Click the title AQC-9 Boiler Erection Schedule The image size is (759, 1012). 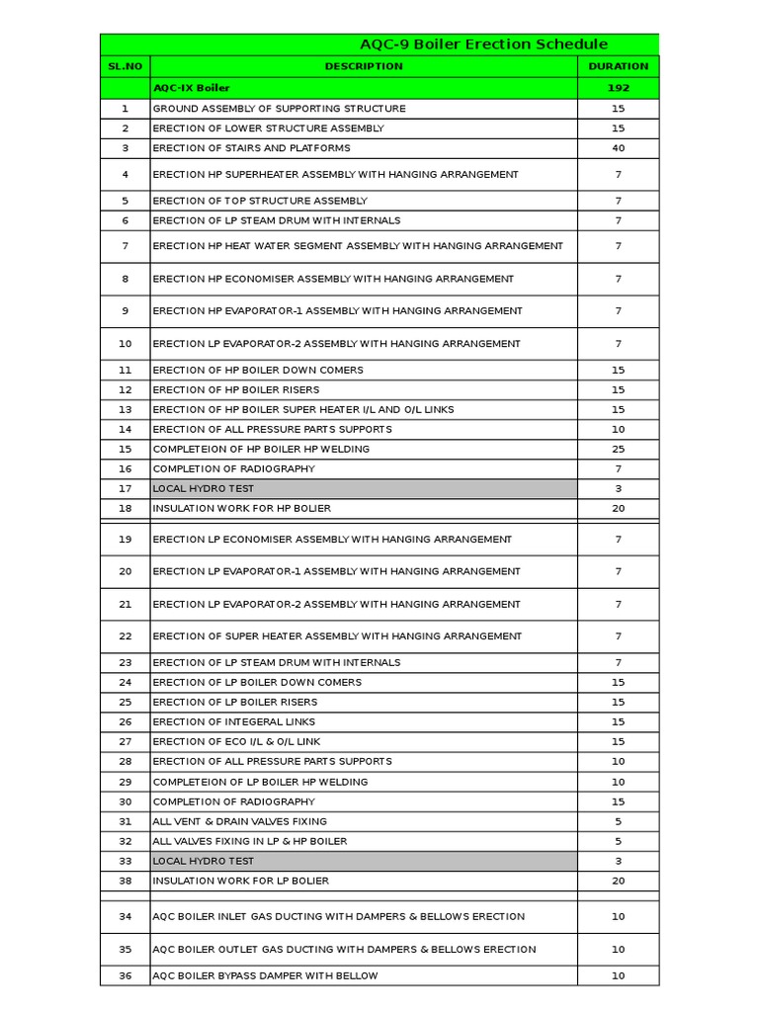[483, 44]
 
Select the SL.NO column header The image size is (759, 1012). [125, 66]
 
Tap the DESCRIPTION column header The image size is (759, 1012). [364, 66]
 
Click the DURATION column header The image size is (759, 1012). [618, 66]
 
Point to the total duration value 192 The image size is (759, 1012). [618, 88]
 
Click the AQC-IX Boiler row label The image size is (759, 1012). [192, 88]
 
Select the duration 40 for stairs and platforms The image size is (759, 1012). [618, 148]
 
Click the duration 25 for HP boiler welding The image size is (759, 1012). [618, 449]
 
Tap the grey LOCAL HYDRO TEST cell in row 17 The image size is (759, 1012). [364, 488]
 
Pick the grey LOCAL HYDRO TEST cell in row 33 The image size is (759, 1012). [364, 861]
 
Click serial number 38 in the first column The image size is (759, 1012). [125, 881]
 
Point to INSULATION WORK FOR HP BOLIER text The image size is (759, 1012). [242, 508]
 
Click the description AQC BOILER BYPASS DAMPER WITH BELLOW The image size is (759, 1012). [265, 975]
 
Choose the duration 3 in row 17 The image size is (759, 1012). [618, 488]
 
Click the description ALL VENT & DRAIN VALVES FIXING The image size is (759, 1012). [240, 821]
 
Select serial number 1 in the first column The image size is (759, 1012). [125, 109]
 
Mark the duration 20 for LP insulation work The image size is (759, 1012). [618, 881]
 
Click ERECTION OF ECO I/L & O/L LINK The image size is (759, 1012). [237, 741]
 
